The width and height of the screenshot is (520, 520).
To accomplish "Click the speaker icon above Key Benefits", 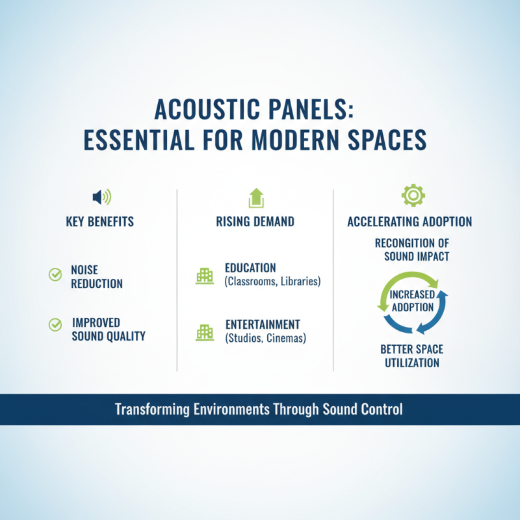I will pos(101,196).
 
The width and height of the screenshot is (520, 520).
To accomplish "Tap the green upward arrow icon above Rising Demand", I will pos(255,197).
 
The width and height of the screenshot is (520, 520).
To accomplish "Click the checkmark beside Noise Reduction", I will pos(55,275).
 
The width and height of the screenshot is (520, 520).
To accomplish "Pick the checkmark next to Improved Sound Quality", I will pos(55,323).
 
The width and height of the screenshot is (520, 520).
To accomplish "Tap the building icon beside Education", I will pos(205,276).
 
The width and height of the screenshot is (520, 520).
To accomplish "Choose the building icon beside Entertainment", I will pos(205,332).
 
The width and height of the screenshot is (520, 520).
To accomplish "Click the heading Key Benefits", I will pos(100,222).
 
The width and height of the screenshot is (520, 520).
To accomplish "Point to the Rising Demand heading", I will pos(255,222).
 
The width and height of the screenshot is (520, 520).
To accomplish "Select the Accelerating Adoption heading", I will pos(409,222).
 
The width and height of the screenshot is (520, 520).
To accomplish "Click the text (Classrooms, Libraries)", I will pos(272,282).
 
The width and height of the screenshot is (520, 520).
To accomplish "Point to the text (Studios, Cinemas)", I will pos(265,338).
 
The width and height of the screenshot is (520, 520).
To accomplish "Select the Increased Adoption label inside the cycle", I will pos(412,300).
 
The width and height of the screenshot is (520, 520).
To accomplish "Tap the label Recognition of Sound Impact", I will pos(412,249).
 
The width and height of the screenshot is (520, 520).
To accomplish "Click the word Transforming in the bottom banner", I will pos(154,409).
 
